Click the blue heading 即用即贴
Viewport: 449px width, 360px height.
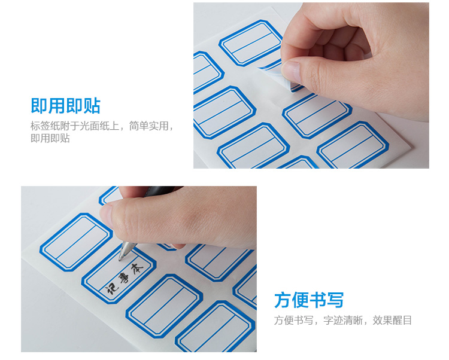click(x=66, y=106)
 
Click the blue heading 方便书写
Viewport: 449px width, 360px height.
click(x=309, y=300)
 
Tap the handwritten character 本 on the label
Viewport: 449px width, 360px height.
click(x=136, y=269)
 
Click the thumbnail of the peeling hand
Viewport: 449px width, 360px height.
click(x=311, y=86)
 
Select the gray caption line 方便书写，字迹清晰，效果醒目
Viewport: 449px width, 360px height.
click(x=343, y=321)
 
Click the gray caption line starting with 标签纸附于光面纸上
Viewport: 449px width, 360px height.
click(x=102, y=126)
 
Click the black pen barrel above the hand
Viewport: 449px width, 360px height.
click(x=160, y=190)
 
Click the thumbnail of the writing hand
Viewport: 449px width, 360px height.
click(x=139, y=269)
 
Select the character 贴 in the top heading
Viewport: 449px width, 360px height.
click(x=92, y=106)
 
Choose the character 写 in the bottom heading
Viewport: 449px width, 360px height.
click(x=335, y=300)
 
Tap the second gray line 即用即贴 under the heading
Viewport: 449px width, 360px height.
click(x=50, y=138)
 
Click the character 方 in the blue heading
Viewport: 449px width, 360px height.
click(x=283, y=300)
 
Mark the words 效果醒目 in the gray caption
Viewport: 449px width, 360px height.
click(x=392, y=321)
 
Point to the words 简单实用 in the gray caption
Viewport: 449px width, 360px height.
click(x=148, y=126)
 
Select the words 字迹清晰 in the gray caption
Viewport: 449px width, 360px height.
click(x=343, y=321)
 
